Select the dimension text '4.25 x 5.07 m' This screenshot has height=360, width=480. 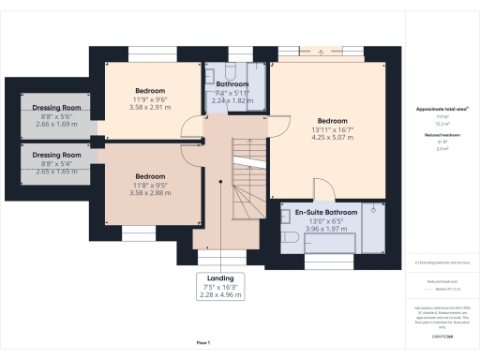334,138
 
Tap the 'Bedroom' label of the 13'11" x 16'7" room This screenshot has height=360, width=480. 334,121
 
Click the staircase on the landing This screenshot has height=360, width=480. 247,183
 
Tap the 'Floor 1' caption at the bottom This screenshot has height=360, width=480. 203,344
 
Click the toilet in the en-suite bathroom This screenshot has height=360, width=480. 292,241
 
